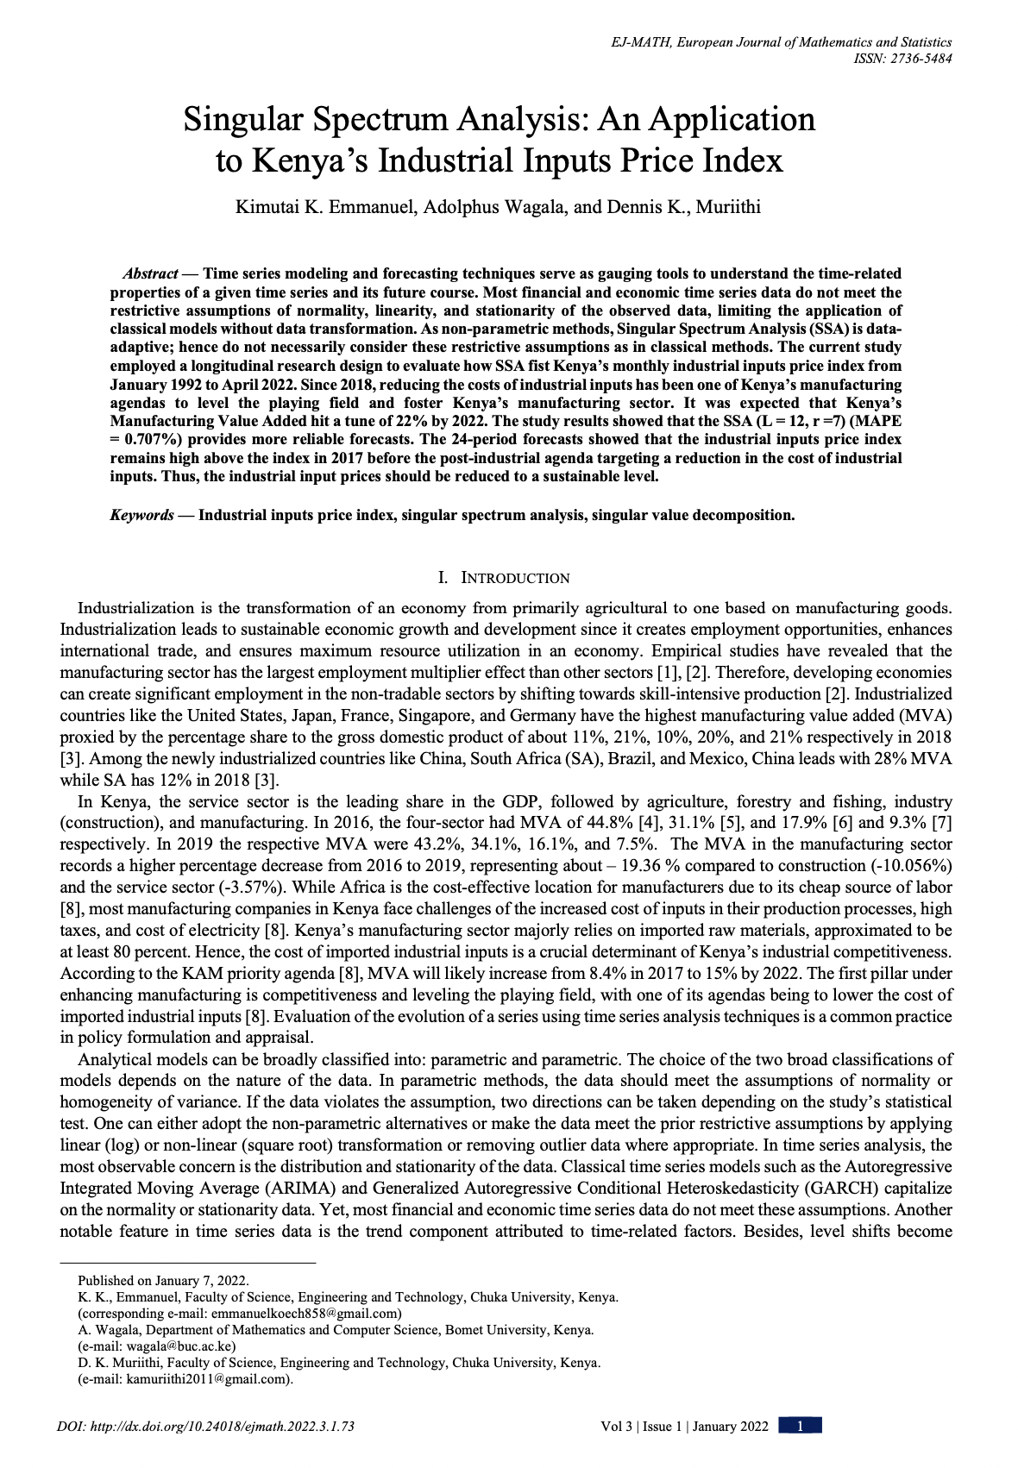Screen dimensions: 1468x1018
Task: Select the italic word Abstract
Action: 150,273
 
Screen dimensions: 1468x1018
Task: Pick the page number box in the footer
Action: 800,1427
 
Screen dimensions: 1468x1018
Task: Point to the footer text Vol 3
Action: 616,1427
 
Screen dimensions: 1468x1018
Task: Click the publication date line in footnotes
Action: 163,1281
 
